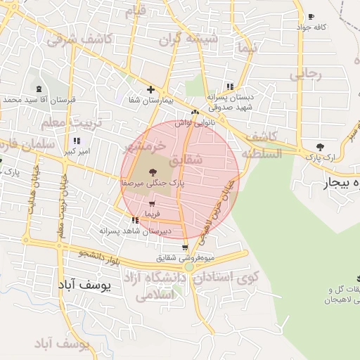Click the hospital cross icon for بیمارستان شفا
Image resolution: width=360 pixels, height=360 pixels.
point(150,89)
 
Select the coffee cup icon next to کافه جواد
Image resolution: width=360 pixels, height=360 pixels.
point(311,16)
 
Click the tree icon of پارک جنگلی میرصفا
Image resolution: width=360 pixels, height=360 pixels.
point(153,171)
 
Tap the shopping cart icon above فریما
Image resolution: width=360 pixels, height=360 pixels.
point(152,203)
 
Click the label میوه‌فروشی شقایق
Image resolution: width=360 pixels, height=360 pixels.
point(185,258)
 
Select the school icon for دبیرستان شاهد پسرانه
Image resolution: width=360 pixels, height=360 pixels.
point(134,220)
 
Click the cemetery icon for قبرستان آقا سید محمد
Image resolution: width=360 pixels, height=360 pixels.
point(38,89)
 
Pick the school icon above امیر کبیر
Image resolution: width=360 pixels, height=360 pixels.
point(76,141)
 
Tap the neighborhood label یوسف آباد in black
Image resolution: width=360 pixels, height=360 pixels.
point(81,286)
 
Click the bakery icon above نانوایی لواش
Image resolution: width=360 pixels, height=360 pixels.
point(195,112)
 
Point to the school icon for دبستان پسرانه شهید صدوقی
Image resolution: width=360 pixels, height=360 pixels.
point(229,86)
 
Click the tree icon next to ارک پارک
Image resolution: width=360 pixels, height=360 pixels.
point(320,147)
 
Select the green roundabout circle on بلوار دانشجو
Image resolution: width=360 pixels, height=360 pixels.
point(189,267)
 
